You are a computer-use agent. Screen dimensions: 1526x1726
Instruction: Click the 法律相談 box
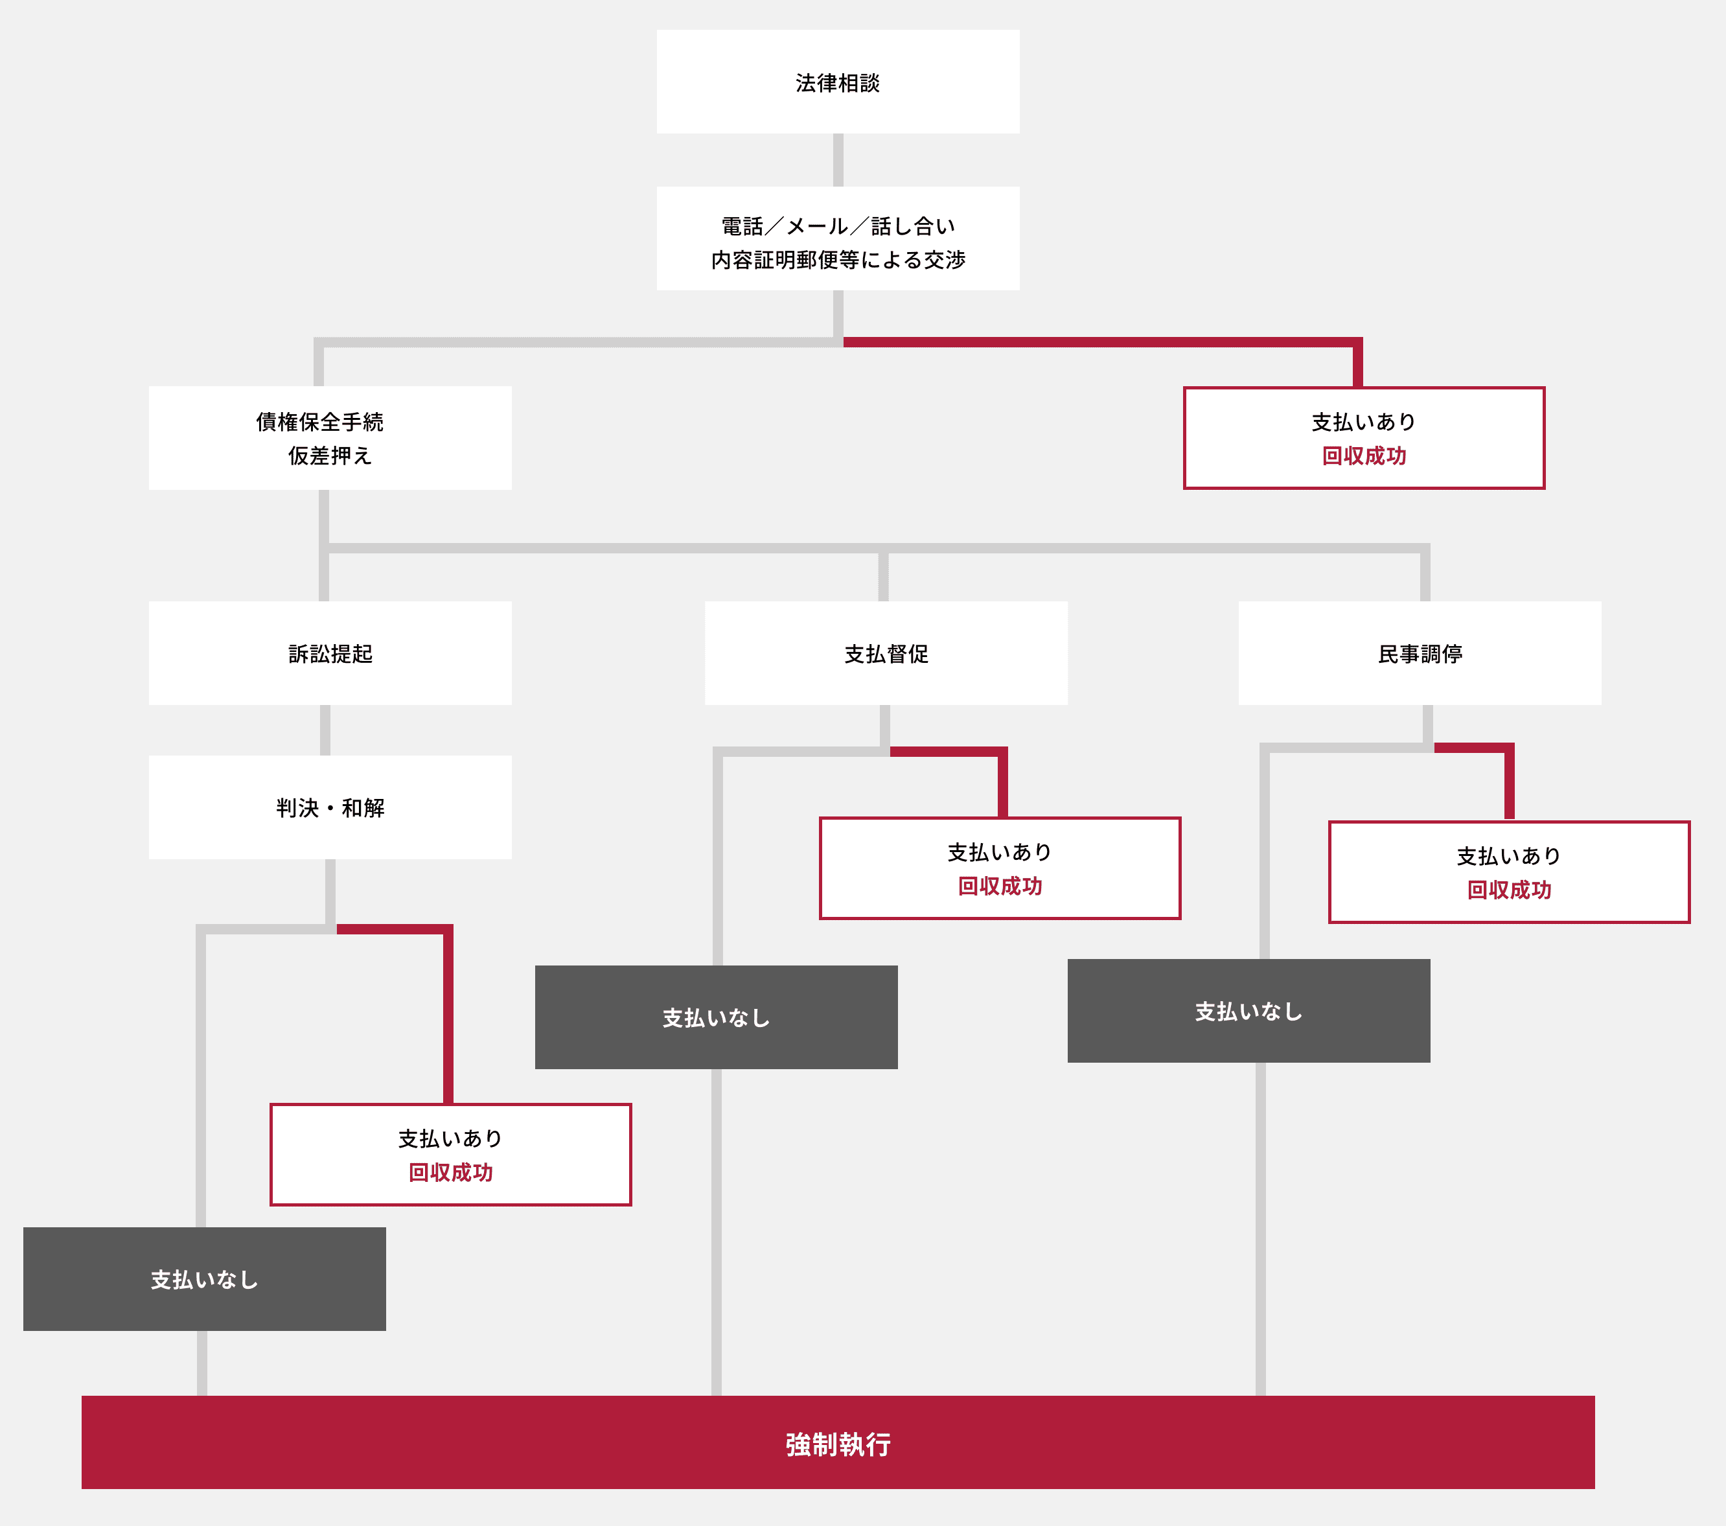click(838, 82)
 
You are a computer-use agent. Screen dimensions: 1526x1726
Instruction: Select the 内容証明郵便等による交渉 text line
click(838, 260)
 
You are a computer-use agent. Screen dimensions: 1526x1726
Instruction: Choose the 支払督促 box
click(886, 653)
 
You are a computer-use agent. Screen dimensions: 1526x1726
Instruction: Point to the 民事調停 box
click(1420, 653)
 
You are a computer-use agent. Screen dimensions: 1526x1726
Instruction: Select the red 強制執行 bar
click(838, 1442)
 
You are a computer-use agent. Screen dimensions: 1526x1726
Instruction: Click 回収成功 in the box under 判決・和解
click(450, 1172)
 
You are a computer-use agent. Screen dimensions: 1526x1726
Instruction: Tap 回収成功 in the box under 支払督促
click(1000, 886)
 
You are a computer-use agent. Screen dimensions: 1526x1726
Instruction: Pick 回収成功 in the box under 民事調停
click(1509, 889)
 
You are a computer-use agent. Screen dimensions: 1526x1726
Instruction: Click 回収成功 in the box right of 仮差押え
click(1364, 456)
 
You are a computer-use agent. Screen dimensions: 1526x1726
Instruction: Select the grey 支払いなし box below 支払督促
click(716, 1017)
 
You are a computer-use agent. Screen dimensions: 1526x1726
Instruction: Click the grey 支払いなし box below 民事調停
click(1248, 1011)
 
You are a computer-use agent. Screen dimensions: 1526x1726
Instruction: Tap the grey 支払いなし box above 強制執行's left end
click(204, 1278)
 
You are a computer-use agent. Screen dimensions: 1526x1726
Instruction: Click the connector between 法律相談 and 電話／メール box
click(838, 159)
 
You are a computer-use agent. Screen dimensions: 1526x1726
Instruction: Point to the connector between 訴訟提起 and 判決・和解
click(325, 730)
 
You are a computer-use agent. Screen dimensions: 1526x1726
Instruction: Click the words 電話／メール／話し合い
click(838, 226)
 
